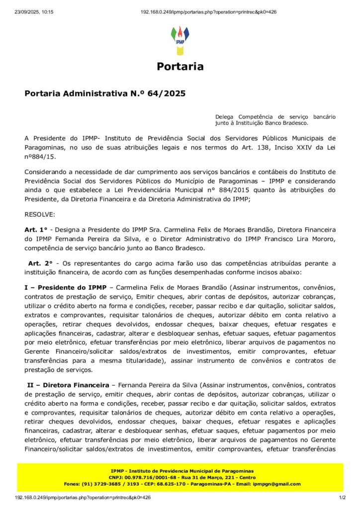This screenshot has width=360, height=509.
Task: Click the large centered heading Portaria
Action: [180, 67]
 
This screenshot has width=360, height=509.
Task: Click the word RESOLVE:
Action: [40, 215]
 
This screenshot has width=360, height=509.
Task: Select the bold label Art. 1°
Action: [35, 230]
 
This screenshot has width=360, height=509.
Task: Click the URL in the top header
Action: [208, 12]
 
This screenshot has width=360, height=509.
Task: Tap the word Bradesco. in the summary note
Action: [294, 122]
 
